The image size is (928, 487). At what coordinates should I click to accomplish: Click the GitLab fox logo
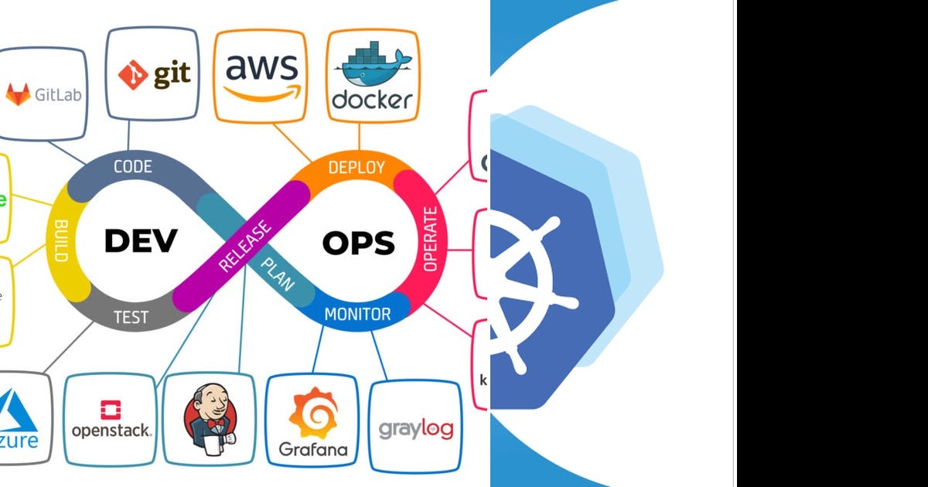coord(18,94)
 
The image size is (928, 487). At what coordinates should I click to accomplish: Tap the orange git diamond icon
coord(133,75)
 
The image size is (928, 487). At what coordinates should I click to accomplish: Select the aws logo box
coord(261,75)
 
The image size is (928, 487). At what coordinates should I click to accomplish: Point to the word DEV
coord(141,241)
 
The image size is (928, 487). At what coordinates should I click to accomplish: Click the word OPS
coord(358,243)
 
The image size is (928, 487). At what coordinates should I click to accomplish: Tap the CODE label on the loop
coord(133,166)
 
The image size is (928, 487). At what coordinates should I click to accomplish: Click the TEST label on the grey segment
coord(131,317)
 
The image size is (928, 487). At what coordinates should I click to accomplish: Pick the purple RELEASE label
coord(245,247)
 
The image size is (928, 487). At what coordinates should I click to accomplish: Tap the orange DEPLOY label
coord(357,168)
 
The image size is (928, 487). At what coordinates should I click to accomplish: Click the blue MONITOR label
coord(357,315)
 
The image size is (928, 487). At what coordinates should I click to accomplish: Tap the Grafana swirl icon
coord(313,413)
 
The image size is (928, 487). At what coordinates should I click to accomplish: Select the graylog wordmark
coord(416,428)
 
